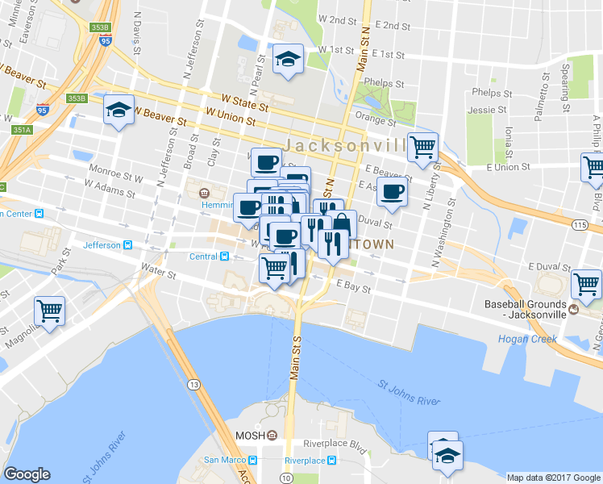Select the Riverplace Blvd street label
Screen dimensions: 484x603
(335, 444)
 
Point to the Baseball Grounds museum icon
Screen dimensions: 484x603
(573, 309)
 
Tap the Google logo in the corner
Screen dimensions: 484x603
(27, 474)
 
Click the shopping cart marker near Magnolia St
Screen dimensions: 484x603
(50, 311)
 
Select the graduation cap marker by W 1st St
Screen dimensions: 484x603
(288, 59)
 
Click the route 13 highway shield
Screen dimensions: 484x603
(194, 385)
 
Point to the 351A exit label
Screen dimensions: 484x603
(21, 129)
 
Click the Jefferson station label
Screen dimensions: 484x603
(100, 244)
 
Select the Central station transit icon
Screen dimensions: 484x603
(225, 257)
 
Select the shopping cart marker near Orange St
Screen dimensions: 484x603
(422, 148)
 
